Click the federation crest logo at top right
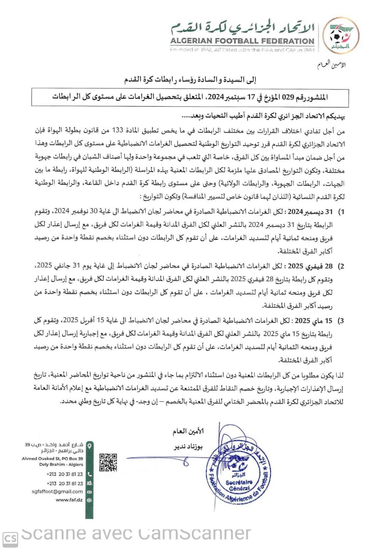pyautogui.click(x=341, y=35)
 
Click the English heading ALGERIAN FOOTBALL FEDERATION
pyautogui.click(x=242, y=41)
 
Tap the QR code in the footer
pyautogui.click(x=108, y=462)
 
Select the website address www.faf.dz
pyautogui.click(x=69, y=500)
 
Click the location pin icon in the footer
pyautogui.click(x=89, y=446)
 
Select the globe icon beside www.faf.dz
pyautogui.click(x=89, y=500)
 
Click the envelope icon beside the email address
pyautogui.click(x=89, y=491)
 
